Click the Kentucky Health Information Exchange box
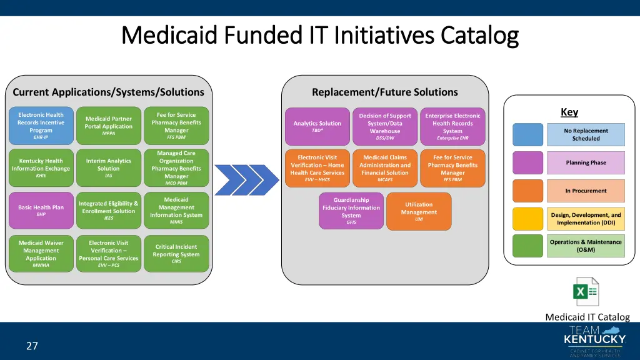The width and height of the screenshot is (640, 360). pos(41,168)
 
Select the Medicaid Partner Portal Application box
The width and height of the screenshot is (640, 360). pos(109,126)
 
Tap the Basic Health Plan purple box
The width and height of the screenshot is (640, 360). pos(41,210)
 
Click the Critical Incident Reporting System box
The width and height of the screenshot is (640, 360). pos(176,253)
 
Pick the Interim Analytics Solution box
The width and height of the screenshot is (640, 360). pos(109,168)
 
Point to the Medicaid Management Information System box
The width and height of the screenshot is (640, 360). pos(176,210)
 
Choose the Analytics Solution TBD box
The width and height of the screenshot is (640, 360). pos(317,126)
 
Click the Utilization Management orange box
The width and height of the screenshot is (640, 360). pos(419,211)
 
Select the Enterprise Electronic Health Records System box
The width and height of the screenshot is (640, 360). pos(452,126)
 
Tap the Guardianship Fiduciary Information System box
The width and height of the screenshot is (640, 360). pos(351,211)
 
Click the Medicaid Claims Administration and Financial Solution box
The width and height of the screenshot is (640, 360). pos(385,168)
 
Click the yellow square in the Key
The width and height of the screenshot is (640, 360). pos(528,219)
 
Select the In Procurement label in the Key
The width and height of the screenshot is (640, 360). pos(586,191)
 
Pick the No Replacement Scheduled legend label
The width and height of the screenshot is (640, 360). pos(586,134)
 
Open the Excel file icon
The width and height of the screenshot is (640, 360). pos(586,292)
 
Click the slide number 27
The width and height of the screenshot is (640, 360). pos(32,346)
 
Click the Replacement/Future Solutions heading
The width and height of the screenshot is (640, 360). pos(384,92)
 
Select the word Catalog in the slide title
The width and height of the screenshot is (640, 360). pos(479,36)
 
